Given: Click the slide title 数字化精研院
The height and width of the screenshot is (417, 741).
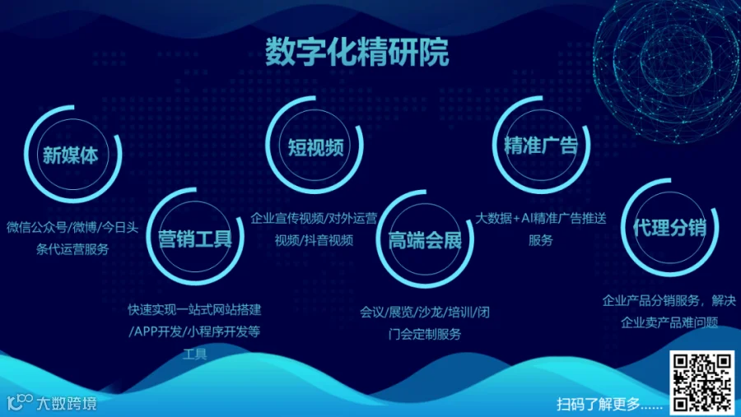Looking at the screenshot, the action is [357, 52].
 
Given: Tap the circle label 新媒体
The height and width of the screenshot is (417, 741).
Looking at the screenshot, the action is [71, 155].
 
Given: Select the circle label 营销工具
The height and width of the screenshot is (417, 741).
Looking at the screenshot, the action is [195, 239].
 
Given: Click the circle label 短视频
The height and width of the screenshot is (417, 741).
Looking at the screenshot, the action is [315, 147].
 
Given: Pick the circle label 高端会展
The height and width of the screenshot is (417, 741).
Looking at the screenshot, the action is [424, 241].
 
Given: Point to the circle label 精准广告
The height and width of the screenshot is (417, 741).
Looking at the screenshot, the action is [541, 145].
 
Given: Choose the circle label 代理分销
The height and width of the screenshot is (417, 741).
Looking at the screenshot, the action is [669, 228].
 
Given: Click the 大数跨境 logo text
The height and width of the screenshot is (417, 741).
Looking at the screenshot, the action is [67, 403].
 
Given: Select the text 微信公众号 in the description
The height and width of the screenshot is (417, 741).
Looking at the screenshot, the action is [37, 228].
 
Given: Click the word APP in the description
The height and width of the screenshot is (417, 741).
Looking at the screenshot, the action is [146, 331].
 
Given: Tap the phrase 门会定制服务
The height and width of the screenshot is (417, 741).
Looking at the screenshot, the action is [424, 335].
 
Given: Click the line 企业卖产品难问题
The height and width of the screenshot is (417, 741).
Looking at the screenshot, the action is [669, 322].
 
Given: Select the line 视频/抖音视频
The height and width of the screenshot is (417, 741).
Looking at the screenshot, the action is [314, 240].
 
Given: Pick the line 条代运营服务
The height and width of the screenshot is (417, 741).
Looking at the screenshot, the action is [72, 249].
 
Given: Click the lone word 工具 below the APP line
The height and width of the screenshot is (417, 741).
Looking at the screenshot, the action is [194, 354].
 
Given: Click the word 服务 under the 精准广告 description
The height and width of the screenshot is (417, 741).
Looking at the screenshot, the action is [541, 240].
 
